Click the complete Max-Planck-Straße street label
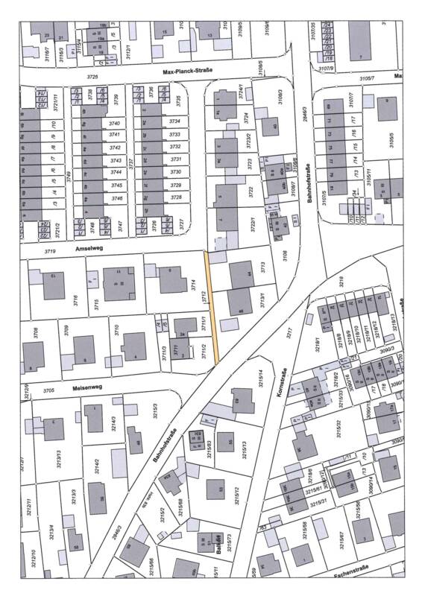click(188, 72)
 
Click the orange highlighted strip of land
click(212, 307)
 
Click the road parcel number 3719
click(29, 253)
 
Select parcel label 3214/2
click(97, 466)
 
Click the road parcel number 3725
click(92, 77)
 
